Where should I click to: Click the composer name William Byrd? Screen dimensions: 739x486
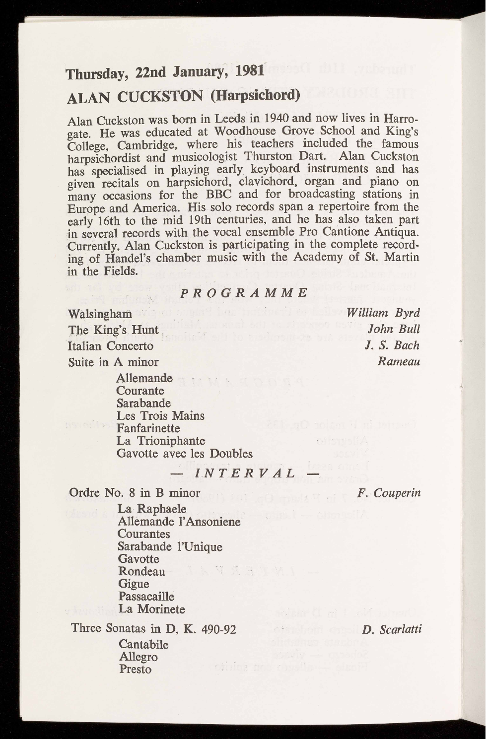(x=384, y=313)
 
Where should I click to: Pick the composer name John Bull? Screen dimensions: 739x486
(x=394, y=329)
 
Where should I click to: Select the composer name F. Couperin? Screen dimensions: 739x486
(x=389, y=493)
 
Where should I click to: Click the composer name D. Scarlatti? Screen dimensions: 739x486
(x=392, y=630)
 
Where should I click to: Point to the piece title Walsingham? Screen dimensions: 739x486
(x=100, y=314)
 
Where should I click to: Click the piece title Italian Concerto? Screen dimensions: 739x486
(x=111, y=346)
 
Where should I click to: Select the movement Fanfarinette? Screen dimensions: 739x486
(x=148, y=428)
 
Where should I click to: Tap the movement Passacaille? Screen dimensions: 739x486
(x=146, y=596)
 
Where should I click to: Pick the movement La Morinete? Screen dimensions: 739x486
(x=151, y=609)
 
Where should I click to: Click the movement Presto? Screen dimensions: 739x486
(x=135, y=670)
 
